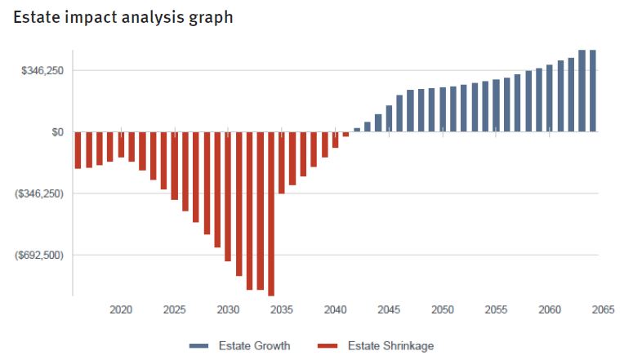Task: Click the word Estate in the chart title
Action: pos(34,17)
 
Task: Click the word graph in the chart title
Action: pos(212,17)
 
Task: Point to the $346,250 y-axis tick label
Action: pos(42,70)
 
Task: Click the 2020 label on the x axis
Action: pos(121,310)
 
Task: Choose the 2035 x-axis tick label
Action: pos(282,310)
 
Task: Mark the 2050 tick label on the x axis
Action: pos(443,310)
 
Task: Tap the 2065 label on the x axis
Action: pos(604,310)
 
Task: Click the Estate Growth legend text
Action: pos(253,346)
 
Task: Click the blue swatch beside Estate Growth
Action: pos(199,346)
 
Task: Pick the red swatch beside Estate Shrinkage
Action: pos(327,346)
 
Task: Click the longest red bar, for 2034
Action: pos(270,214)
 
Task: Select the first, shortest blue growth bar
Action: pos(357,130)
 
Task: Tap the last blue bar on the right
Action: pos(593,91)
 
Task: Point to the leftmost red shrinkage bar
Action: pos(78,150)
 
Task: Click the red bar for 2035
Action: pos(281,162)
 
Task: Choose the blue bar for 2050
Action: pos(443,109)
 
